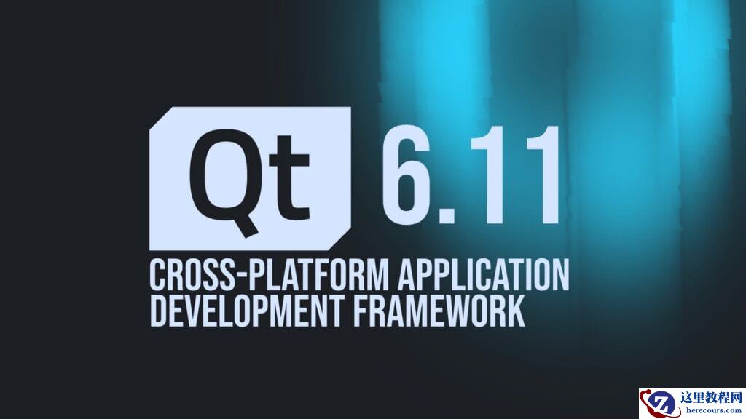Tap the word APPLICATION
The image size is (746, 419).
click(x=484, y=274)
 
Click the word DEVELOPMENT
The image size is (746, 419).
click(x=246, y=310)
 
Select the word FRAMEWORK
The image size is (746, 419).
click(x=439, y=310)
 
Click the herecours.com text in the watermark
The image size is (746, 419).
click(x=713, y=410)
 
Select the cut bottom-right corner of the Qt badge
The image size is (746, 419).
click(x=339, y=239)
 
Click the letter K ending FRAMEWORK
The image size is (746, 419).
click(x=517, y=310)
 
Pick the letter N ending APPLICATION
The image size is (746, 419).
click(x=561, y=274)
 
